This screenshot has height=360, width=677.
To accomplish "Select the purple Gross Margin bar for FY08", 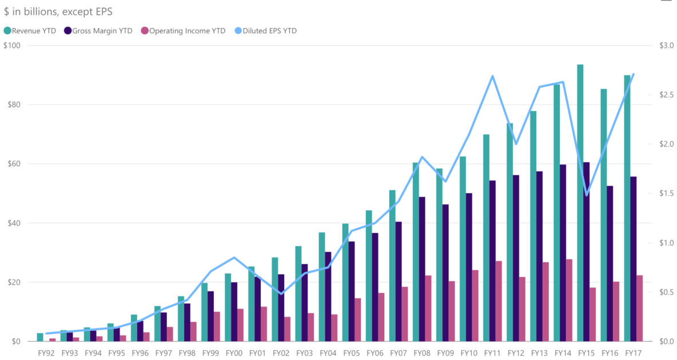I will click(422, 269).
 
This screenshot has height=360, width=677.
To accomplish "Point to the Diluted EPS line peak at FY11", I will click(492, 76).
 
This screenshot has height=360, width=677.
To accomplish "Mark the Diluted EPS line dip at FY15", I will click(586, 195).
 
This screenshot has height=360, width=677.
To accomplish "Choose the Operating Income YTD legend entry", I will click(182, 31).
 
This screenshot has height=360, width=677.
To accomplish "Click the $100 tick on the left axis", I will click(12, 46).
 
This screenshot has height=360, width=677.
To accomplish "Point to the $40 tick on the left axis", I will click(12, 223).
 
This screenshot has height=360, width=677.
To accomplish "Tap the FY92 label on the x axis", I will click(46, 353).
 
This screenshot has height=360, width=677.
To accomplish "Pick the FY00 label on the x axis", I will click(234, 353).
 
